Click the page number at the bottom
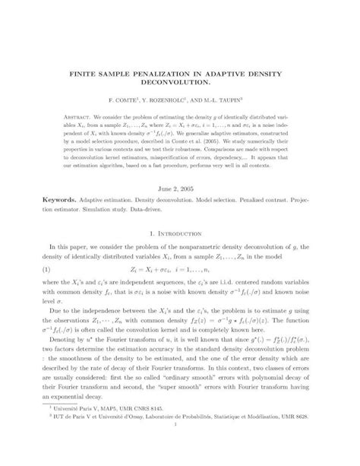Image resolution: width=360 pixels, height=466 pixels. click(x=179, y=455)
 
